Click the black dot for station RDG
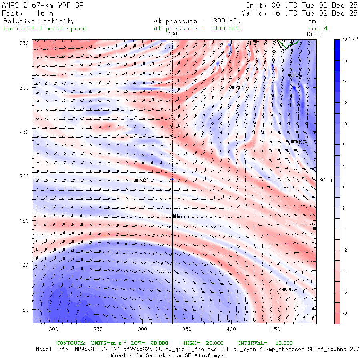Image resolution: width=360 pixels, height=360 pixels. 290,75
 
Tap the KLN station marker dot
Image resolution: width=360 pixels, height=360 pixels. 232,88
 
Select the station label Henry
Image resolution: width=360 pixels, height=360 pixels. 182,216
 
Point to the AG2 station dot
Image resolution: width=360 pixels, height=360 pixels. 284,290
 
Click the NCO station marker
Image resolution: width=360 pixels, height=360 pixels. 136,180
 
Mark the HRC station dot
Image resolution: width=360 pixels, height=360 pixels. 292,142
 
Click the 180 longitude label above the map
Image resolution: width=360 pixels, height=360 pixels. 172,34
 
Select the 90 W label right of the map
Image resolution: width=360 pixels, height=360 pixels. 326,180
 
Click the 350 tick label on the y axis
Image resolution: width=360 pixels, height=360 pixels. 26,43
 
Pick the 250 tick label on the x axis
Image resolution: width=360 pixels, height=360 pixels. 98,330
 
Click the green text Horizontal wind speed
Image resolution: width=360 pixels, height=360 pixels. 45,28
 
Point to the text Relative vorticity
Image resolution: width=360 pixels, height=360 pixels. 39,21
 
